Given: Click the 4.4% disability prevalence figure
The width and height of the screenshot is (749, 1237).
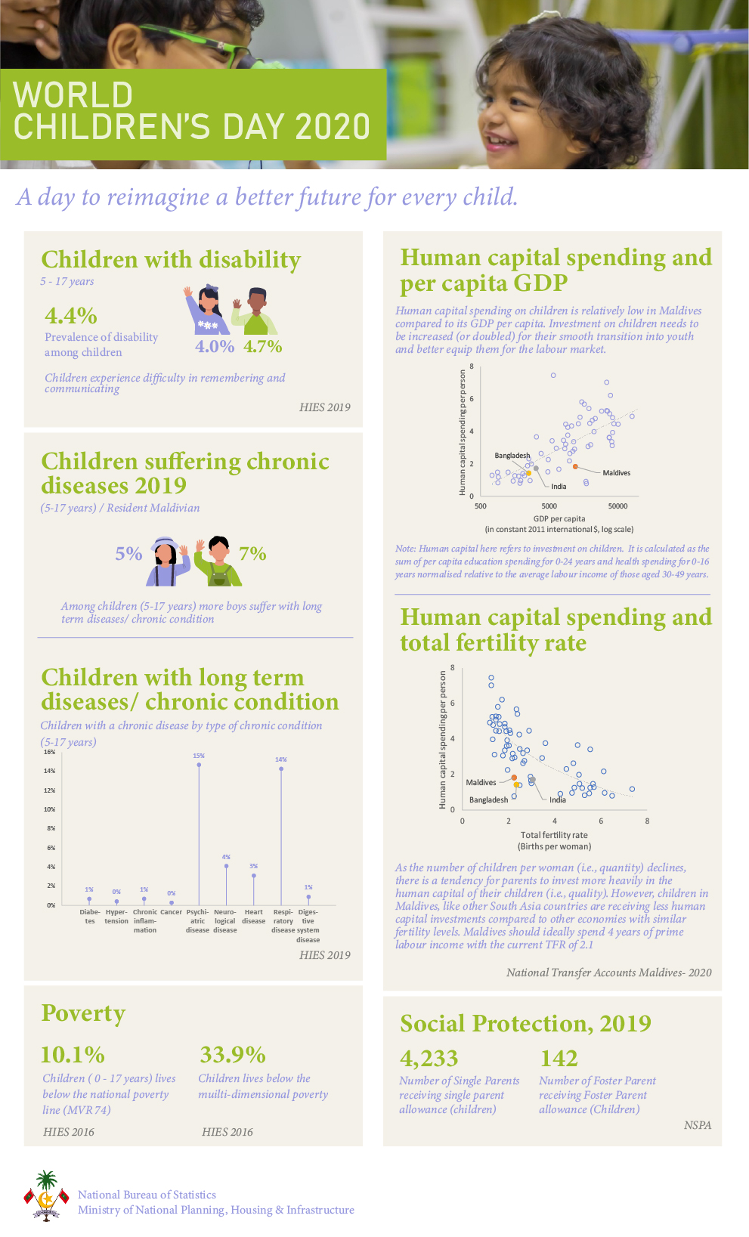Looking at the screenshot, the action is point(71,316).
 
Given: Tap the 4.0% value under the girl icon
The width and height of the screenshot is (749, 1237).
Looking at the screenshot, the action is point(215,346).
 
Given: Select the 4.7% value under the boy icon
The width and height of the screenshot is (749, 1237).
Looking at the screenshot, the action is point(263,346).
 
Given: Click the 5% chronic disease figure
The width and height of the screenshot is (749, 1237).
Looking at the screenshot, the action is point(128,553).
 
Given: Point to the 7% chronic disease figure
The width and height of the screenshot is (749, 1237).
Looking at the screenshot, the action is point(252,553).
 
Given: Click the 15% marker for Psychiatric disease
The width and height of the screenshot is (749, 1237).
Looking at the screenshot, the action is point(199,765).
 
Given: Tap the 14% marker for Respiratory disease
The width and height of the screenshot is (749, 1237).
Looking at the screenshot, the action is point(281,768).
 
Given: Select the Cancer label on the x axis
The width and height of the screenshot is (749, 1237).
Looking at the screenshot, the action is point(172,912).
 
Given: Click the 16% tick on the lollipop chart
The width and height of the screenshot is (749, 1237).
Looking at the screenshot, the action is point(50,752).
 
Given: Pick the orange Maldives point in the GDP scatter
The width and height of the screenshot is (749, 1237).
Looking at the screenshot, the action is point(575,467).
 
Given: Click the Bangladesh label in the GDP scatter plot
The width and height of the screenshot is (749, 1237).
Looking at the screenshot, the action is point(512,456).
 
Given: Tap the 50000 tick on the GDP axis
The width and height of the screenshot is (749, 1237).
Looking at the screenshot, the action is point(617,506).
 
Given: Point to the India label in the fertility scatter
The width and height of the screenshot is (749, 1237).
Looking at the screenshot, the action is point(557,799).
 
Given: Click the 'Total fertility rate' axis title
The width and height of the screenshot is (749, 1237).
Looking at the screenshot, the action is point(554,835).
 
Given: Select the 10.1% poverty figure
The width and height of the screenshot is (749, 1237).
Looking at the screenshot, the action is point(73,1055).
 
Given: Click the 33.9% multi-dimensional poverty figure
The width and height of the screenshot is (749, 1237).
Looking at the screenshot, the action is point(233,1055).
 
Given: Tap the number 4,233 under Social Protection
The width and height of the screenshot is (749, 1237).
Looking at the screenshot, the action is point(429,1058).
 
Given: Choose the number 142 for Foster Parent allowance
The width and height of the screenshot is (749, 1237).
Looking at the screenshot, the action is point(559,1058).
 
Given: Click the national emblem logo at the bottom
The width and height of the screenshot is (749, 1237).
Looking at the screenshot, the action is point(46,1196).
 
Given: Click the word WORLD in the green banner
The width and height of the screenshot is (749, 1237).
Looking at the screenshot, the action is point(73,95).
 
